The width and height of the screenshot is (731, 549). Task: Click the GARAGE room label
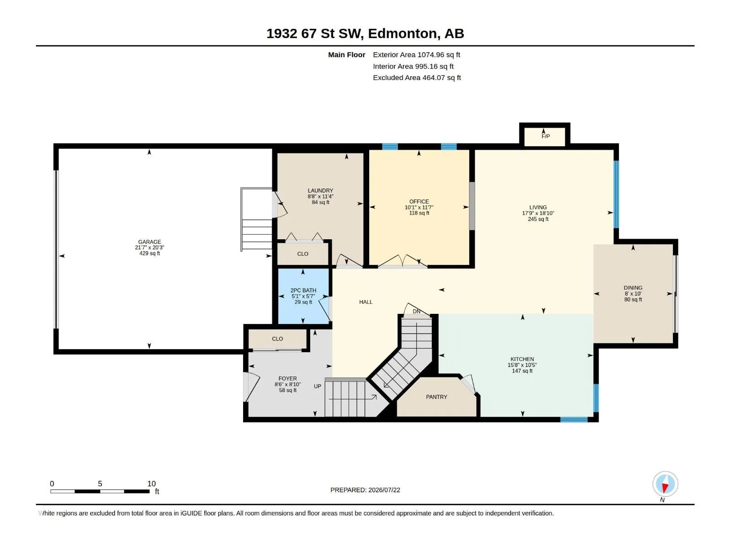[149, 242]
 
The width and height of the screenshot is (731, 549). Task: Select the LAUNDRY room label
[320, 191]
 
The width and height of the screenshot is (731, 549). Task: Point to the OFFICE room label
[419, 202]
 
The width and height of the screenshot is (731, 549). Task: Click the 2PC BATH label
[303, 291]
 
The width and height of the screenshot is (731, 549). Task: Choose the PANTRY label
[436, 397]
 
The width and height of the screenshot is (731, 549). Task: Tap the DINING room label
[633, 288]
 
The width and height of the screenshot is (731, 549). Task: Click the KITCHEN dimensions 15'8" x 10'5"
[522, 365]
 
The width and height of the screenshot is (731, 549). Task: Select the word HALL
[365, 302]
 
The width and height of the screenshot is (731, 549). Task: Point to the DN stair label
[416, 312]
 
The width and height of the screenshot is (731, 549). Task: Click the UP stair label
[318, 386]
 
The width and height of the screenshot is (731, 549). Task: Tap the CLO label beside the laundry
[303, 253]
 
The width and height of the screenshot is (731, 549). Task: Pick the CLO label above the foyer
[277, 339]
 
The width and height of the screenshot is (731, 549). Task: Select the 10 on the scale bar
[152, 483]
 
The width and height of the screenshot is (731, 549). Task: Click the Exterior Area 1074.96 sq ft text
[416, 54]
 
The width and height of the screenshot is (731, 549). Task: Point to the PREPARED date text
[365, 490]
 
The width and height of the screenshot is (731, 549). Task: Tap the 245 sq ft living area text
[538, 219]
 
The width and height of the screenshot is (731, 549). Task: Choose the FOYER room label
[287, 378]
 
